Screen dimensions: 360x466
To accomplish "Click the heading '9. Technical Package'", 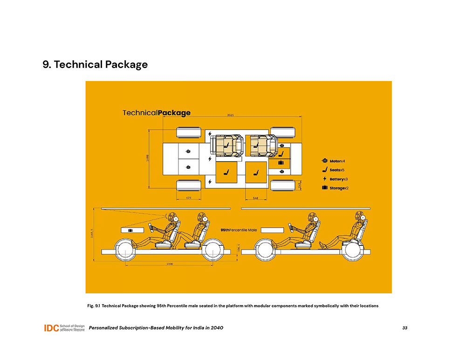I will tap(95, 65).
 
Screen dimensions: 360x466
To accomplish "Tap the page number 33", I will tap(404, 328).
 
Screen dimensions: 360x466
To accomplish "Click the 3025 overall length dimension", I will tap(230, 115).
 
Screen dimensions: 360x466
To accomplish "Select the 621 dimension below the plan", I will tap(189, 198).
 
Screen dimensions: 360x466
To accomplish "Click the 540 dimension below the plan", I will tap(256, 198).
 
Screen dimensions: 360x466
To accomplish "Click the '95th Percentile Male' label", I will tap(239, 230).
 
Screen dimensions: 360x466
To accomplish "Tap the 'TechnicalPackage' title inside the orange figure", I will tap(156, 113).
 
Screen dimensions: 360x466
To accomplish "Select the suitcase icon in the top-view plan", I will tap(281, 163).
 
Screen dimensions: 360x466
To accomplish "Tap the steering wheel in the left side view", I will tap(151, 227).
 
